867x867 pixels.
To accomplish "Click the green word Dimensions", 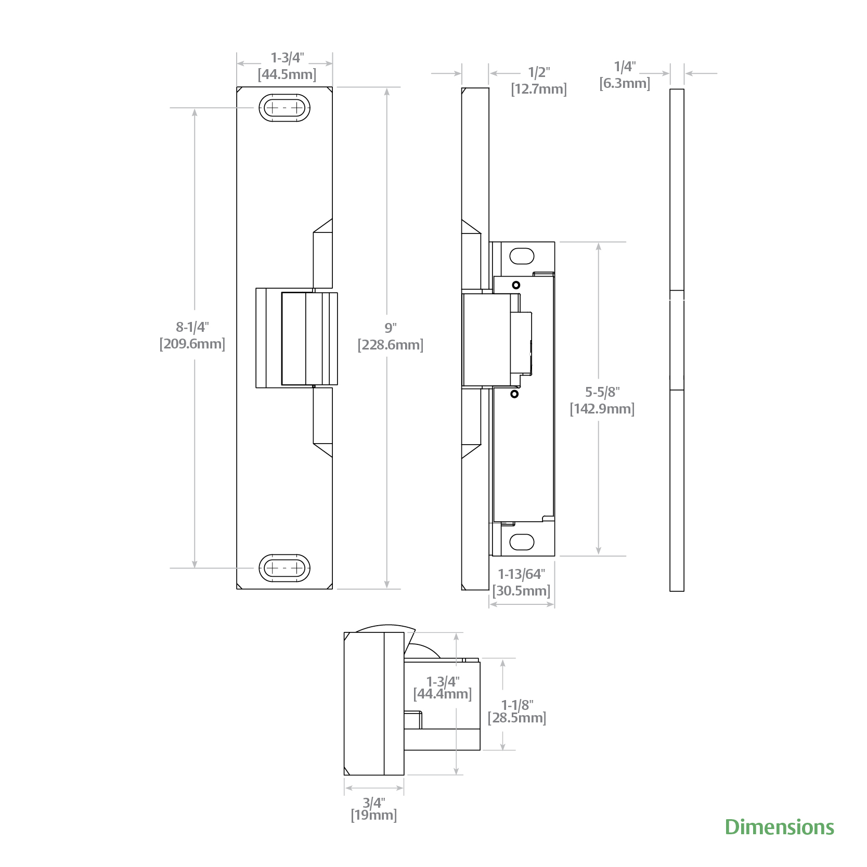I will point(779,827).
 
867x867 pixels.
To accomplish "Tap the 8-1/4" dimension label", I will point(192,327).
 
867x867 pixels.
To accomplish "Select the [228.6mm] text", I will point(391,345).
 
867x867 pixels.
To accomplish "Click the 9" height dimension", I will point(390,328).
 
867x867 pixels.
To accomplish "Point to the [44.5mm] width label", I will point(287,74).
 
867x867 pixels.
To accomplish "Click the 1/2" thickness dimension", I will point(539,72).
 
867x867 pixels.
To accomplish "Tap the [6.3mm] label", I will point(625,83).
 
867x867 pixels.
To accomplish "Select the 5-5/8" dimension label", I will point(602,392).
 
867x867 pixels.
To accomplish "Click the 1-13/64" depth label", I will point(521,574).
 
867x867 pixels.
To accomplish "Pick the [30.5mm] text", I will point(521,591).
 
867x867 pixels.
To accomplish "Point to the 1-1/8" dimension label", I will point(517,705).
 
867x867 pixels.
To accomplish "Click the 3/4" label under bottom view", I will point(374,803).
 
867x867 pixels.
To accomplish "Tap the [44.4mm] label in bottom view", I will point(443,693).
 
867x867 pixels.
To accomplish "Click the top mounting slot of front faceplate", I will point(284,108).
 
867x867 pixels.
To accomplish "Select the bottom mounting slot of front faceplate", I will point(284,568).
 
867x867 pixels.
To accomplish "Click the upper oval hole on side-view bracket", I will point(522,256).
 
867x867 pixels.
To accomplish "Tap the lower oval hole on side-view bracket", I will point(522,542).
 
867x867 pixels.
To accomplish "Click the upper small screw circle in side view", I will point(516,285).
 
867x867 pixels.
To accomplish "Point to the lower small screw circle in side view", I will point(514,394).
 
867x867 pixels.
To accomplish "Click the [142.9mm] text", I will point(602,409).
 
